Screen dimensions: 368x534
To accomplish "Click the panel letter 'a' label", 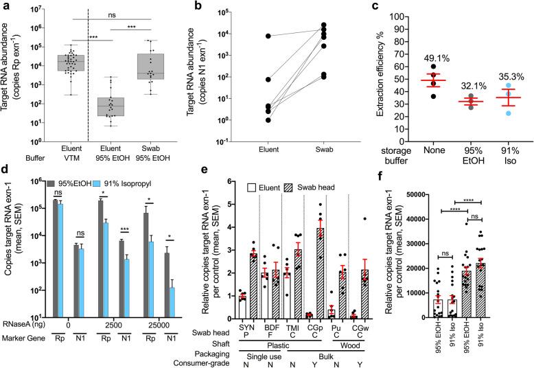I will point(5,6).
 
